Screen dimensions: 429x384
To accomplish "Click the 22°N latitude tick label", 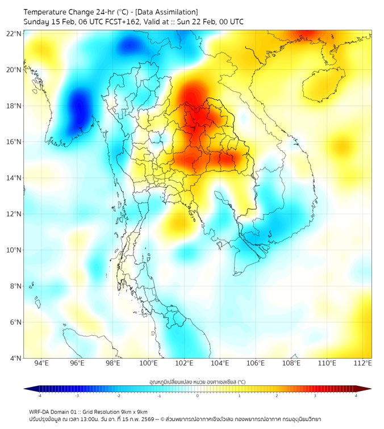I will coord(14,34).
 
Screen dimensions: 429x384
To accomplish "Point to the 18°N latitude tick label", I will coord(14,106).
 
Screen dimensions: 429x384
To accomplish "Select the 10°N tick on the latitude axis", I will coord(14,250).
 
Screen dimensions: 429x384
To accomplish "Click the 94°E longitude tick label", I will coord(41,363).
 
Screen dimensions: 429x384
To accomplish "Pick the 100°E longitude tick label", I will coord(148,363).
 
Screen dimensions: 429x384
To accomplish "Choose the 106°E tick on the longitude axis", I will coord(256,363).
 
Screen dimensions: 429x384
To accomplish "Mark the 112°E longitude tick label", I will coord(363,363).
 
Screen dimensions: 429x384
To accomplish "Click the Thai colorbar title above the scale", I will coord(197,382).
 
